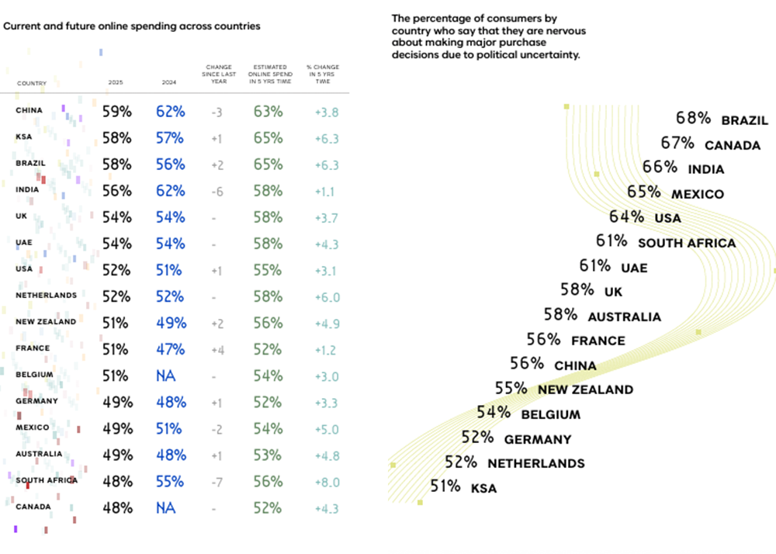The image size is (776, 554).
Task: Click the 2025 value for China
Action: click(117, 111)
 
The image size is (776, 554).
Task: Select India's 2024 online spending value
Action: click(170, 191)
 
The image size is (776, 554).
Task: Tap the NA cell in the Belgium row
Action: click(165, 376)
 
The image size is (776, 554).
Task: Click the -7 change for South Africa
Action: click(217, 482)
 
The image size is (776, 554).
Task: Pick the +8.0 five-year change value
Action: click(327, 482)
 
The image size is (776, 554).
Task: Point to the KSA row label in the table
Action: click(23, 137)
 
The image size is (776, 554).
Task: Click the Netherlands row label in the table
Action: click(46, 296)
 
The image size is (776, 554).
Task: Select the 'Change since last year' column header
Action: click(219, 75)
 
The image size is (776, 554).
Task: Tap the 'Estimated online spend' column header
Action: click(268, 75)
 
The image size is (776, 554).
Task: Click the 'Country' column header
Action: click(32, 83)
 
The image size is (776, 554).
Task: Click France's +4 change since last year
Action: click(217, 350)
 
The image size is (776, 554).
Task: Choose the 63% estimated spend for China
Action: click(268, 111)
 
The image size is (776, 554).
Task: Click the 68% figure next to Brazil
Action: click(693, 119)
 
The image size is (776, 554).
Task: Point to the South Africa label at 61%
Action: click(686, 243)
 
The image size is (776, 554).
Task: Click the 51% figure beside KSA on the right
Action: click(445, 486)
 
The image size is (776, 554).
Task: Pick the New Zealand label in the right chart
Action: click(585, 390)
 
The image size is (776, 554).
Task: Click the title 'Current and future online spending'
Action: click(132, 26)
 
